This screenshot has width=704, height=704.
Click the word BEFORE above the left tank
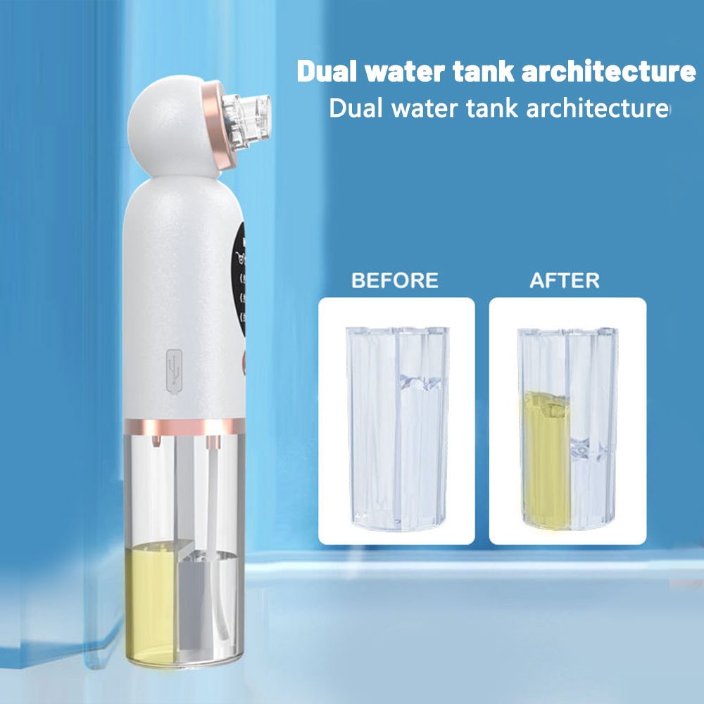(x=395, y=280)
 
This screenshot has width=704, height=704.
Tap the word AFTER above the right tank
(x=565, y=280)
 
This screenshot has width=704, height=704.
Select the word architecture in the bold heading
(x=608, y=72)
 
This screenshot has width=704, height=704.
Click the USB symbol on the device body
(x=174, y=371)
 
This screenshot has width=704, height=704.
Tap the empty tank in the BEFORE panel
(x=397, y=428)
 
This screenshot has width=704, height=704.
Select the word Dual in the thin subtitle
(x=357, y=108)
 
